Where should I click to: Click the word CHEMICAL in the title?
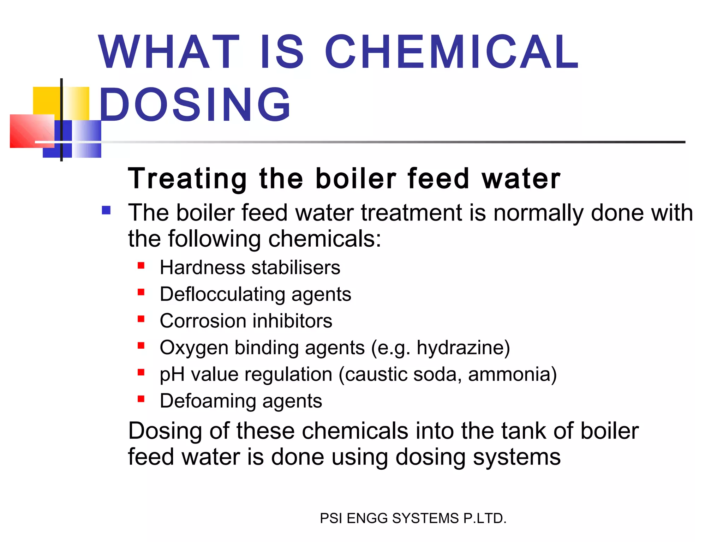(x=451, y=52)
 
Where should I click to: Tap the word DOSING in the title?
(x=195, y=105)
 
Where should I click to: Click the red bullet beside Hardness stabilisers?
(x=141, y=265)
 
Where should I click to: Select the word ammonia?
(x=512, y=374)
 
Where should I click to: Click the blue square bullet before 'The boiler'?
(x=106, y=211)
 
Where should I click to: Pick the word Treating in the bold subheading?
(x=187, y=179)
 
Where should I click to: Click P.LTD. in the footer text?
(x=485, y=518)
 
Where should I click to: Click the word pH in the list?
(x=172, y=374)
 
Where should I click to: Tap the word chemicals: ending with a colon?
(x=325, y=239)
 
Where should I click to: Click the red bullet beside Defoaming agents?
(x=141, y=399)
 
